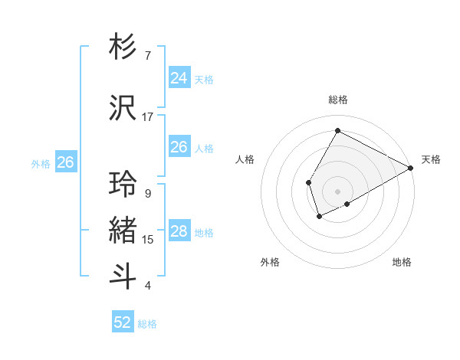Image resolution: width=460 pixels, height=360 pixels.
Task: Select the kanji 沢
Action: point(123,109)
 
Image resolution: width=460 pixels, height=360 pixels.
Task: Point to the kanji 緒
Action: point(123,231)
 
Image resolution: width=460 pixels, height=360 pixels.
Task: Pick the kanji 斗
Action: point(123,276)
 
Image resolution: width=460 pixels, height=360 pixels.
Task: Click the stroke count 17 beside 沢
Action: point(148,117)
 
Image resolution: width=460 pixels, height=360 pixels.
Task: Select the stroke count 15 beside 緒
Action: point(148,240)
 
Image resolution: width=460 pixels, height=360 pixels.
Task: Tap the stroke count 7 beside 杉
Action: point(148,56)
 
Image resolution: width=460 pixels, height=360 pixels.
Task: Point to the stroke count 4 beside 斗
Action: point(148,286)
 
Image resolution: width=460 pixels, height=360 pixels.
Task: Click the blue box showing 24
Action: point(179,78)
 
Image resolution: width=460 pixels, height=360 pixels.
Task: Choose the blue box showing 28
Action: point(179,231)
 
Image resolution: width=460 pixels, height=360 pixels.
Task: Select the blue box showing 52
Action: point(123,322)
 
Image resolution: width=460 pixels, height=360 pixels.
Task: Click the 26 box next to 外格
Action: point(65,162)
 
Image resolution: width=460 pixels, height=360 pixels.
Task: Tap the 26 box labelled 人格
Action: point(179,147)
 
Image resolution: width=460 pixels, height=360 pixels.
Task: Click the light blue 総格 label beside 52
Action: point(148,324)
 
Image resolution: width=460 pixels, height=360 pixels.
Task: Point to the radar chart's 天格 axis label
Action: point(431,159)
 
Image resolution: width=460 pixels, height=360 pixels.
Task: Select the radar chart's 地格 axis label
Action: point(402,262)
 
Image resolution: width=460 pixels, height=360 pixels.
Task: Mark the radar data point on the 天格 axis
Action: point(412,168)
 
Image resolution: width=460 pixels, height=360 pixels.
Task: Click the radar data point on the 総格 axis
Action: point(337,130)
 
